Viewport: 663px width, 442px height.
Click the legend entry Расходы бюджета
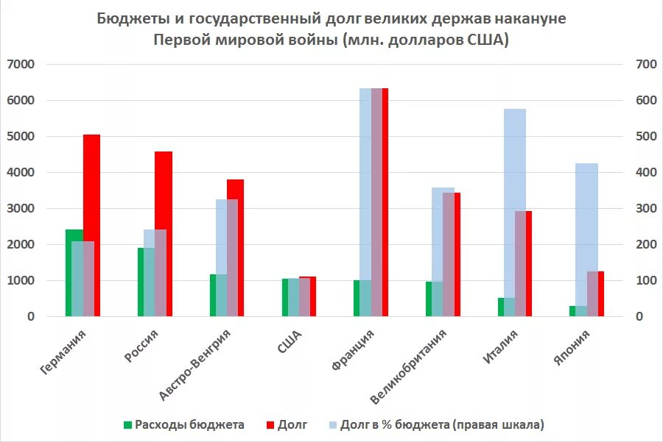189,424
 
